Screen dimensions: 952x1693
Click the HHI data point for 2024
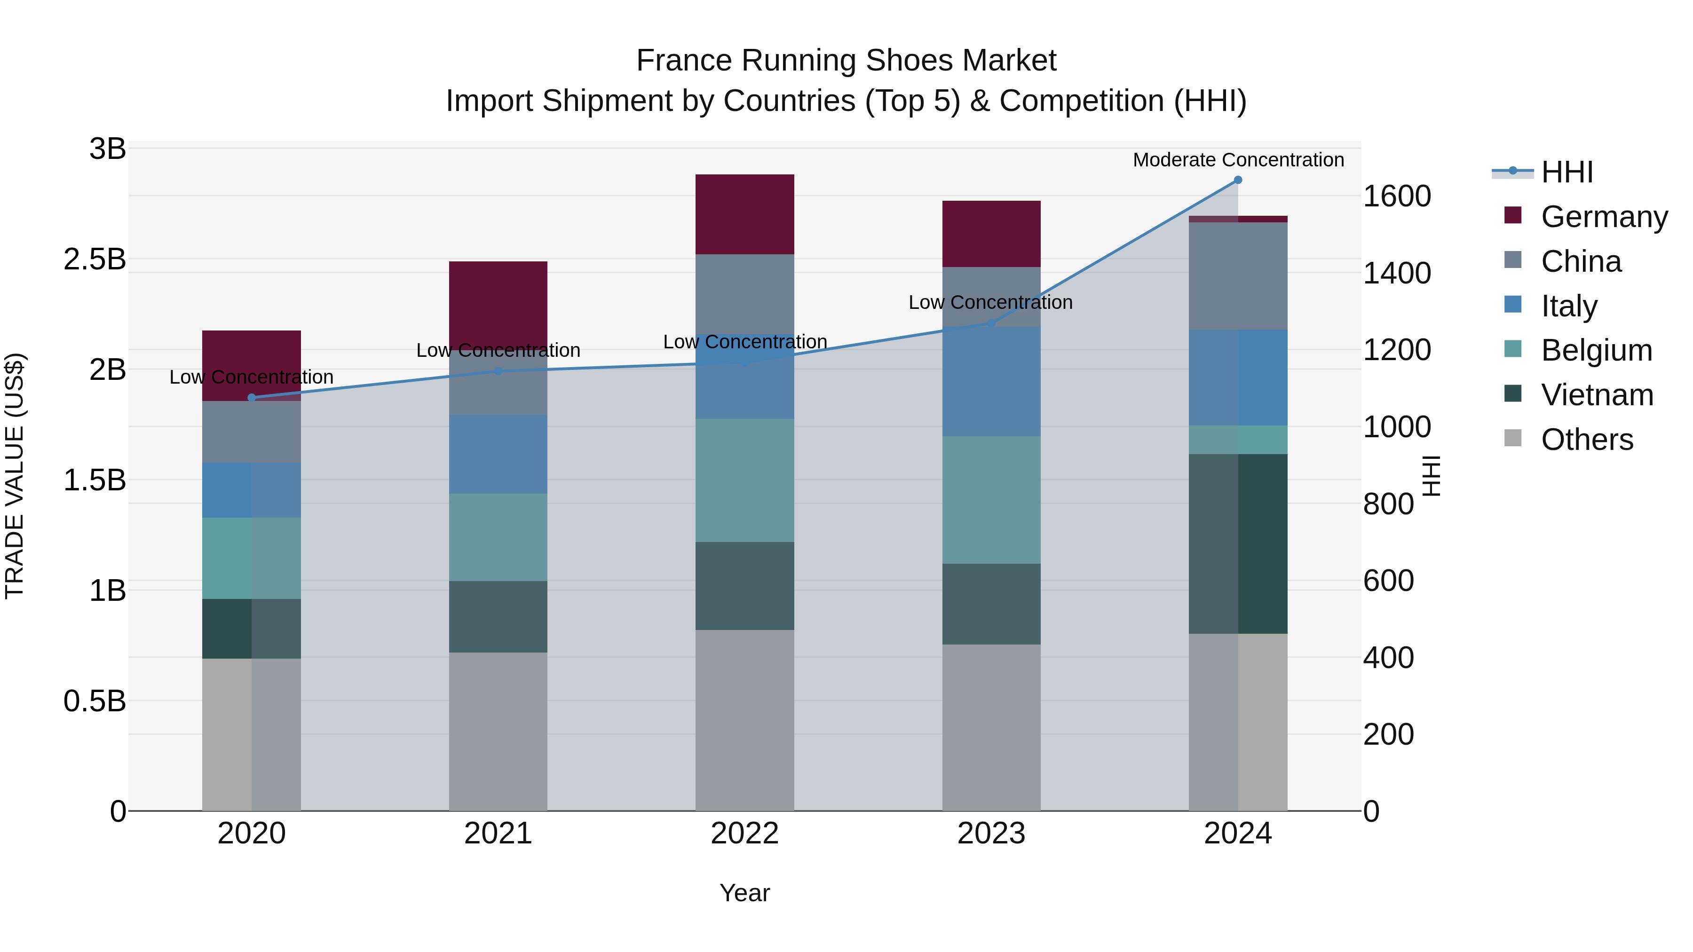tap(1238, 180)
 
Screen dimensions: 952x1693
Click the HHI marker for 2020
tap(252, 397)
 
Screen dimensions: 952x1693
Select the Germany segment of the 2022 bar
tap(744, 214)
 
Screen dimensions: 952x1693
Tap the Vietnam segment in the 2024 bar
tap(1238, 543)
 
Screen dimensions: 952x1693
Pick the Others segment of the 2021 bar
tap(498, 731)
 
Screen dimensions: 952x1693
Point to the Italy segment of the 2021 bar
tap(498, 454)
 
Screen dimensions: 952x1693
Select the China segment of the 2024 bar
tap(1238, 276)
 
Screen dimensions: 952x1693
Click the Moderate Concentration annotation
tap(1238, 160)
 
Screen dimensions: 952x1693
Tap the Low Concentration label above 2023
tap(990, 302)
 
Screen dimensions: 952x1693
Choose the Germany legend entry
tap(1604, 217)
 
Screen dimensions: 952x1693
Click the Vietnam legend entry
tap(1597, 395)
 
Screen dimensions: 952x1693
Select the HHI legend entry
tap(1567, 172)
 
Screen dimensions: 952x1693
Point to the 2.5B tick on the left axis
tap(95, 260)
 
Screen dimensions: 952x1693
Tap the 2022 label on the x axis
tap(744, 834)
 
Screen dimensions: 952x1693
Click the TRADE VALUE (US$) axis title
tap(15, 476)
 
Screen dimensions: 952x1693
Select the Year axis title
tap(744, 893)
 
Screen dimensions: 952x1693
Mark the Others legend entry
tap(1587, 440)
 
